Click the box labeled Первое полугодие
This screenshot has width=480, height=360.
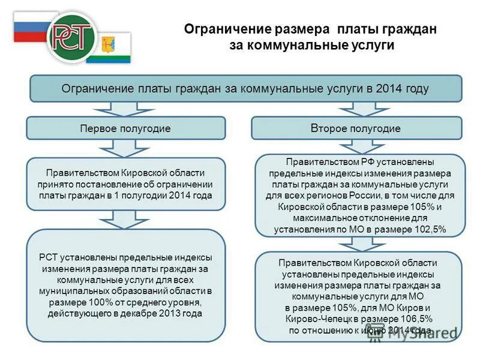126,128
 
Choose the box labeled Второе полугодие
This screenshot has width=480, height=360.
356,128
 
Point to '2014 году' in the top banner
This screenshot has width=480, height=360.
403,89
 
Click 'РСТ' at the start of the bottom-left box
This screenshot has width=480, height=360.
49,257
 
